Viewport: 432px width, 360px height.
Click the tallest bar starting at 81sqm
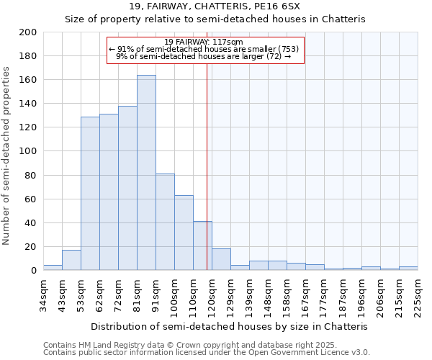coord(146,173)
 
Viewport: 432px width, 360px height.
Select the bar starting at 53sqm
coord(90,194)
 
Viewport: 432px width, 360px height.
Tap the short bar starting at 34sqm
coord(53,268)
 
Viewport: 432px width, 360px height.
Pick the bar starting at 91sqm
coord(165,222)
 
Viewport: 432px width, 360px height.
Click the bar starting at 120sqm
coord(221,259)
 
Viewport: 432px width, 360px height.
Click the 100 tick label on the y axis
coord(28,151)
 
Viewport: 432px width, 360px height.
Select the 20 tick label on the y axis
coord(31,247)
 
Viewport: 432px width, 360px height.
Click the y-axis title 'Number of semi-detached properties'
coord(7,156)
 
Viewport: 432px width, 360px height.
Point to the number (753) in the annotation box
coord(287,49)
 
